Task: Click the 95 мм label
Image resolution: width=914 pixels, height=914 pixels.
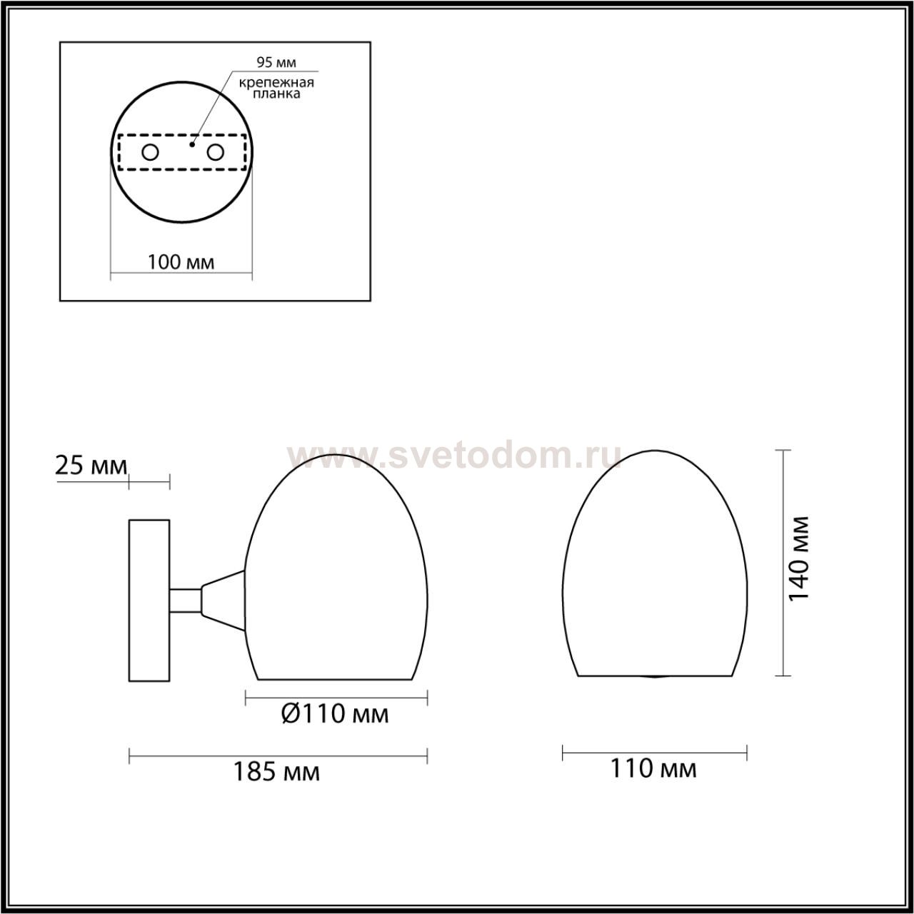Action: click(276, 62)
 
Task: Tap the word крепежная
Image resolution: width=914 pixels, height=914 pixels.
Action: click(276, 83)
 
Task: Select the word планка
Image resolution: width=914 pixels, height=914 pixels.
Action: click(276, 94)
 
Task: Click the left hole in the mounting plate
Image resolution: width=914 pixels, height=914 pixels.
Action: click(151, 153)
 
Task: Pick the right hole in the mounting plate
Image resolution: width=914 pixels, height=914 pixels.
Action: click(216, 153)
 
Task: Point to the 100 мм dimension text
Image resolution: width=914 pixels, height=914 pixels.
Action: click(181, 262)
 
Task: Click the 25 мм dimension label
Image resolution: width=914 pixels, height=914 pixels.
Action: click(91, 466)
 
